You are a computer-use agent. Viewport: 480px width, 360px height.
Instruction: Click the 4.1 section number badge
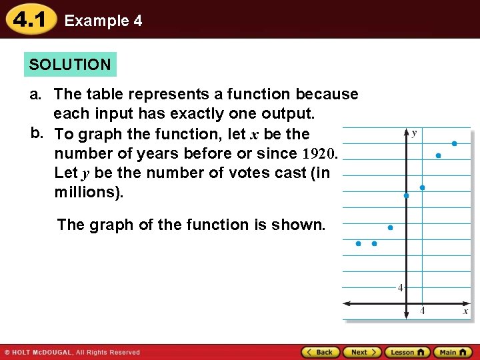(30, 20)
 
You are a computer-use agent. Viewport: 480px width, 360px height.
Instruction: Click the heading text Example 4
(103, 21)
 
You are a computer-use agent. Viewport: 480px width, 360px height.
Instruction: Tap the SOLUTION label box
(70, 65)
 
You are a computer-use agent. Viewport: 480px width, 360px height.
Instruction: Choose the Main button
(452, 352)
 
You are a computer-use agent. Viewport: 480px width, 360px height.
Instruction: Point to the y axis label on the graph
(414, 133)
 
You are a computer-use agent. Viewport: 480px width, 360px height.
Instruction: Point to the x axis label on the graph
(465, 311)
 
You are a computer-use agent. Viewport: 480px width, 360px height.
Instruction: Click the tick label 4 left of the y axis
(400, 288)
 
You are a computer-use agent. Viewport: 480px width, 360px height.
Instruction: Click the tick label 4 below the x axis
(422, 311)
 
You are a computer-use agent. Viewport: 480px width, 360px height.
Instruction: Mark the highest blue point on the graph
(454, 143)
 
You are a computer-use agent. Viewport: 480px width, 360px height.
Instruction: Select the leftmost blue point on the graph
(358, 244)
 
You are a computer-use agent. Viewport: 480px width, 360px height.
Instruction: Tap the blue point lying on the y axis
(407, 196)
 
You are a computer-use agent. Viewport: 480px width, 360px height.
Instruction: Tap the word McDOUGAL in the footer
(49, 352)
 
